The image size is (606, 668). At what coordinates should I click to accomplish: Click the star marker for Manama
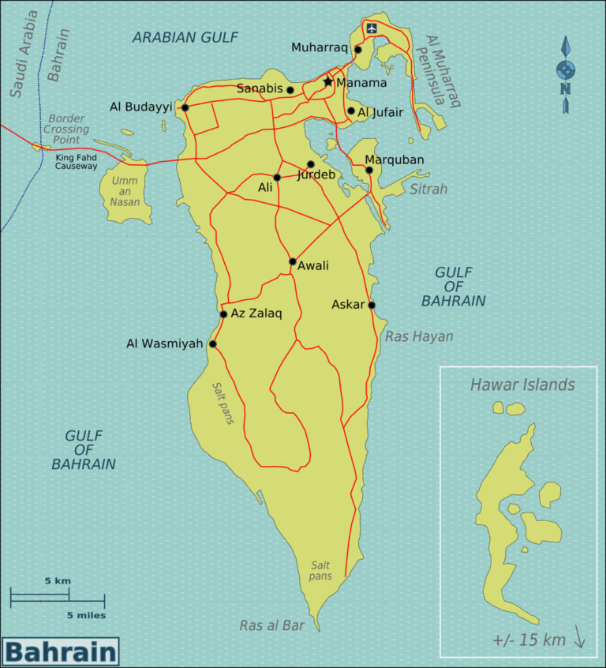328,81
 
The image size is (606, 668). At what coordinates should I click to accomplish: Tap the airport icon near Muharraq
372,28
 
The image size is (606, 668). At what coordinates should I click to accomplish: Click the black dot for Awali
293,261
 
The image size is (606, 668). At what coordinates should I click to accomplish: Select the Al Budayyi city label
141,107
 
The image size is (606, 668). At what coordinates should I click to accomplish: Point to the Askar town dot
372,305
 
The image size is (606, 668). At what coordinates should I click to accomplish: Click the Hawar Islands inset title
522,385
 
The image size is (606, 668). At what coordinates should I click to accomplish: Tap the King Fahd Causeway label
77,162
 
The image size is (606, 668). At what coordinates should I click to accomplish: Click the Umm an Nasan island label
125,191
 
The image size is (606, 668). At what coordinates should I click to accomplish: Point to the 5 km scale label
58,580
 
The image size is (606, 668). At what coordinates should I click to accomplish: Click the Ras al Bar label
272,625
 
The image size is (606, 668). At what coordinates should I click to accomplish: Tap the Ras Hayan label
419,336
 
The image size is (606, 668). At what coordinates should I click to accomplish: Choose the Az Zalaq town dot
223,314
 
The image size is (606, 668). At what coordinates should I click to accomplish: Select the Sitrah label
428,189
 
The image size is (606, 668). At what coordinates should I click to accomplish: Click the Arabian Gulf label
185,36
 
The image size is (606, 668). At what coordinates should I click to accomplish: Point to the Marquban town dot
369,170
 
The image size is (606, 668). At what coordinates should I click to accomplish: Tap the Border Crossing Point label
65,129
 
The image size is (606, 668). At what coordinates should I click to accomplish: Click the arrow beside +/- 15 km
579,637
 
